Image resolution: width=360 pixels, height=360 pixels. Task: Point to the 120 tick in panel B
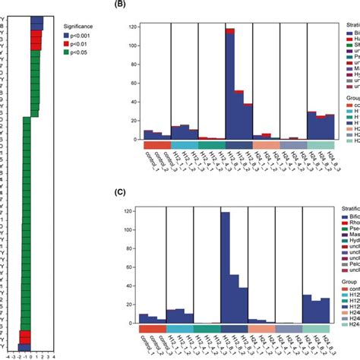(134, 27)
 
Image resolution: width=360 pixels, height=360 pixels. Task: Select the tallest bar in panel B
(229, 84)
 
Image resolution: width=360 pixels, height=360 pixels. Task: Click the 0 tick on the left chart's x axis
(30, 353)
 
